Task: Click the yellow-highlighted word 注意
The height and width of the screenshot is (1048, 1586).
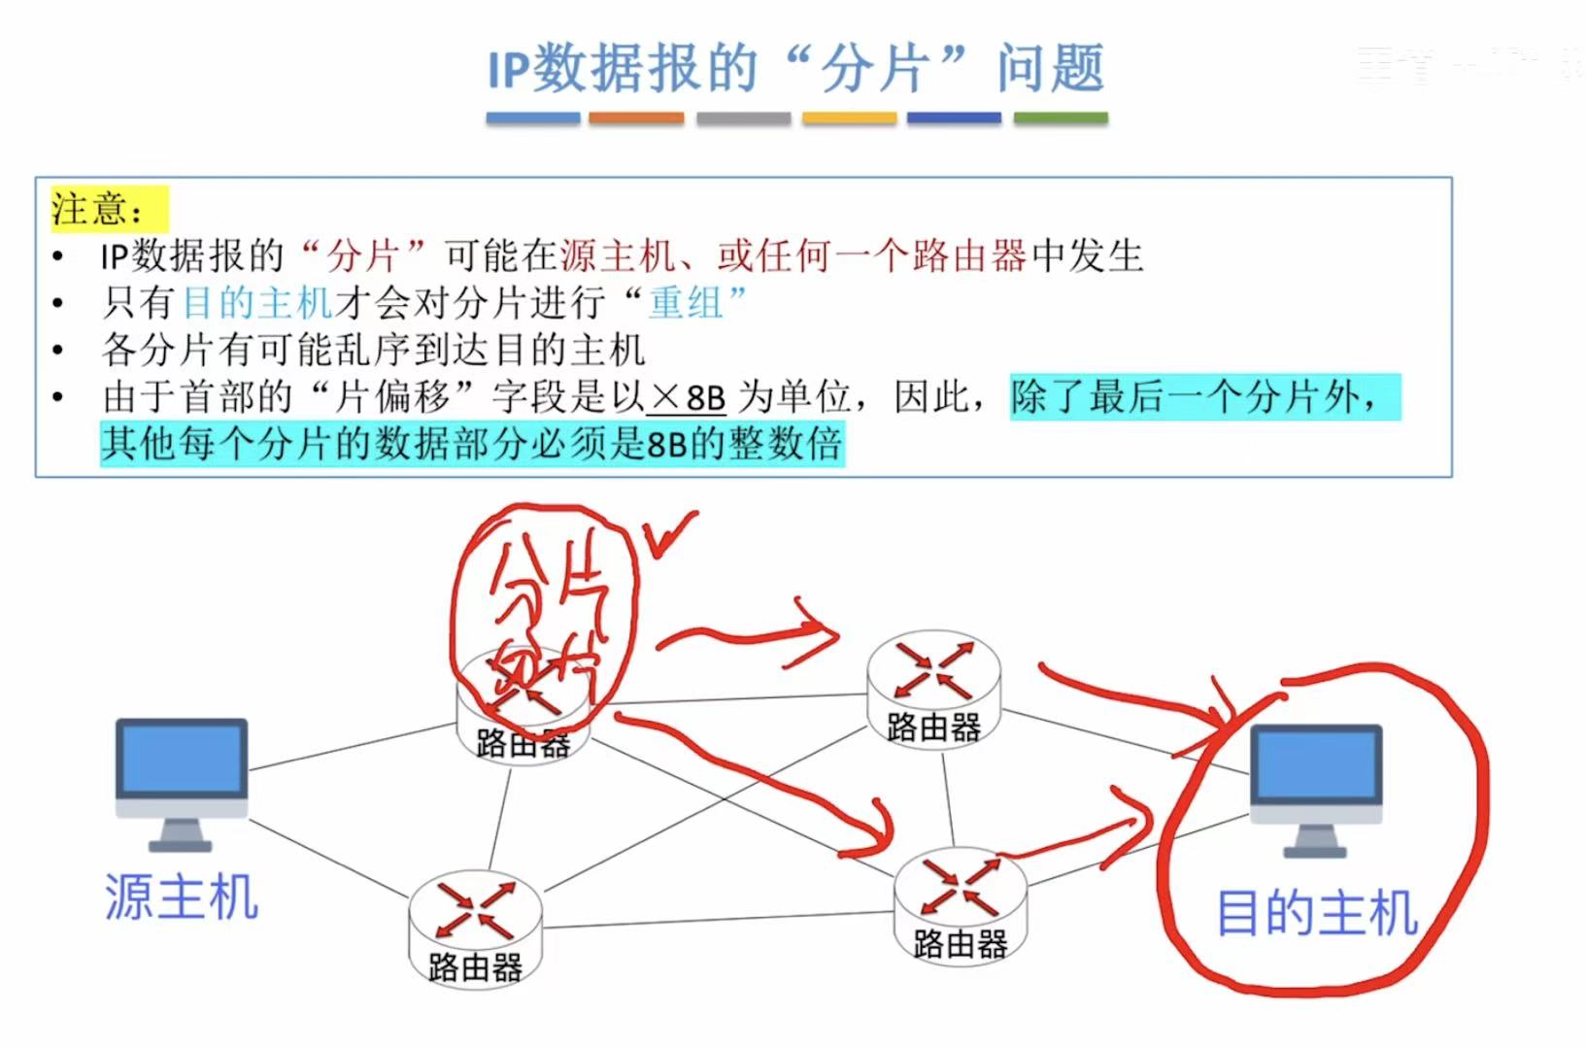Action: [x=96, y=209]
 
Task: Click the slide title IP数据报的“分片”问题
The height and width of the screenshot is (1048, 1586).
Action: [x=795, y=70]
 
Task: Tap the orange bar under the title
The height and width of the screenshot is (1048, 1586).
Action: [x=636, y=118]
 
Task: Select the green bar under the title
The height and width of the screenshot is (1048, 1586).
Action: [x=1061, y=118]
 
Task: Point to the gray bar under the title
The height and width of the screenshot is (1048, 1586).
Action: [x=743, y=118]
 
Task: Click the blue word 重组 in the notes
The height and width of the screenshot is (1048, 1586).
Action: [x=687, y=303]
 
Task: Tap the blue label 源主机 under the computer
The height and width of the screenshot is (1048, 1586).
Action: [x=182, y=896]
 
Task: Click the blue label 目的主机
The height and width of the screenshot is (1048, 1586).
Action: [x=1316, y=914]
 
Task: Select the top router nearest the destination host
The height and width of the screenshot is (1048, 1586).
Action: [x=933, y=685]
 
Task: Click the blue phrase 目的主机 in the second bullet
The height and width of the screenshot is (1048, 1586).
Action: [x=257, y=303]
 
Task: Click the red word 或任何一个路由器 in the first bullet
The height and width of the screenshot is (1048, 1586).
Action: [x=871, y=256]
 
